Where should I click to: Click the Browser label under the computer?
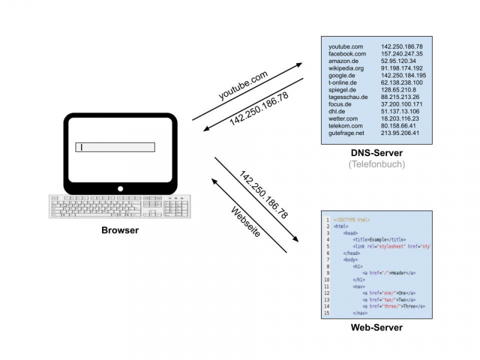pos(120,230)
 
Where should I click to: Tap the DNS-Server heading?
pos(377,154)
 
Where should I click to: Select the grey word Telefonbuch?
pos(377,164)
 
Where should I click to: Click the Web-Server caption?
pos(376,327)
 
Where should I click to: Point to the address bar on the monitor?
pos(115,147)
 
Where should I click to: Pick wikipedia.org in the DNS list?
pos(346,68)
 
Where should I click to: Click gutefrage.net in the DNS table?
pos(346,133)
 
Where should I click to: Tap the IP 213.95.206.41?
pos(400,133)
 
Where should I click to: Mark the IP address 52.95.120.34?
pos(398,61)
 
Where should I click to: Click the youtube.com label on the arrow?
pos(243,86)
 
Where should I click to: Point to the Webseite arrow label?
pos(245,222)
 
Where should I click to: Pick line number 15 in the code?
pos(326,313)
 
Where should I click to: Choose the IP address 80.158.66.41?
pos(398,126)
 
